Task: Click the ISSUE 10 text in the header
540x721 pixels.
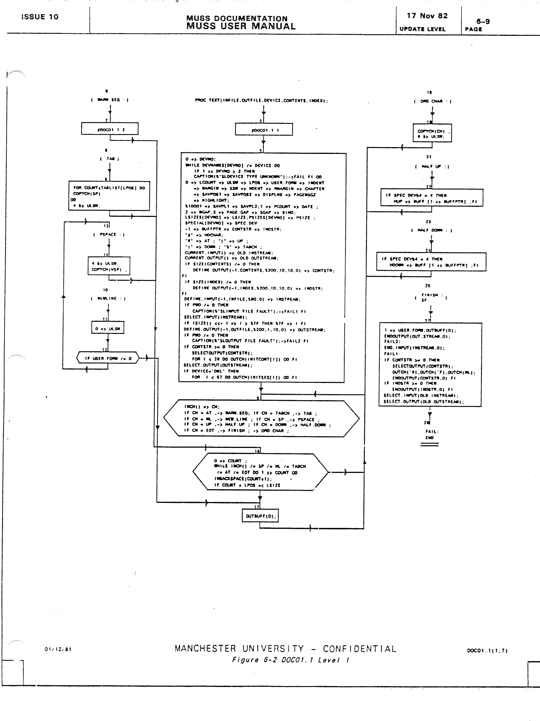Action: click(40, 17)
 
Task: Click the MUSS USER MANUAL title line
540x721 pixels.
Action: click(241, 26)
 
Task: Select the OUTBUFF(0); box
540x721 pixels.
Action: click(260, 516)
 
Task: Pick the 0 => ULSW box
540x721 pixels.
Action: click(108, 329)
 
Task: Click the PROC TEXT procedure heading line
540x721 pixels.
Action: click(261, 101)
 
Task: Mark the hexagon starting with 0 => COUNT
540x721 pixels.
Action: click(260, 472)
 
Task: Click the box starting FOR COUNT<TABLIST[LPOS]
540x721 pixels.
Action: click(109, 196)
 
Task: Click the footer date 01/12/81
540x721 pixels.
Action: click(58, 649)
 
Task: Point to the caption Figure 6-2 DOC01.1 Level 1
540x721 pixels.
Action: click(290, 660)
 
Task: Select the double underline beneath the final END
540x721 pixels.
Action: click(429, 444)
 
